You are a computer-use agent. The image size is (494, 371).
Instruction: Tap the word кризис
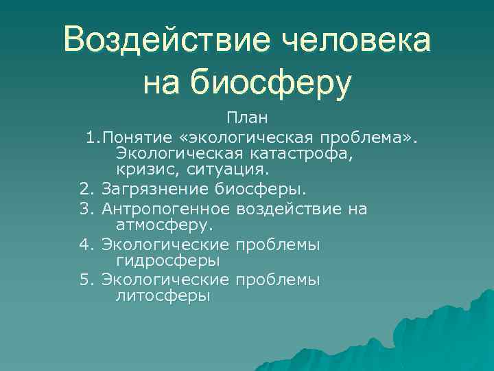[x=144, y=169]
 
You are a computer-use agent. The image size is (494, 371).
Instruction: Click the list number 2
[x=86, y=188]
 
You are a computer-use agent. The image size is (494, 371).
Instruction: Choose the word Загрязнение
[x=146, y=188]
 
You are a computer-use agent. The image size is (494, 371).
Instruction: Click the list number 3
[x=86, y=208]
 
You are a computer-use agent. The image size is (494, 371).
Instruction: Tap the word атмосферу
[x=165, y=224]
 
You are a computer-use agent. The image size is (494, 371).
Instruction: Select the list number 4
[x=86, y=244]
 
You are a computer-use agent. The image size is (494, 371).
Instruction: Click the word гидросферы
[x=168, y=260]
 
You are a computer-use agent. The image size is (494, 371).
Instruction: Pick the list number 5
[x=86, y=280]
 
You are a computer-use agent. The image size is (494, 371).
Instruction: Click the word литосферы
[x=163, y=296]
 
